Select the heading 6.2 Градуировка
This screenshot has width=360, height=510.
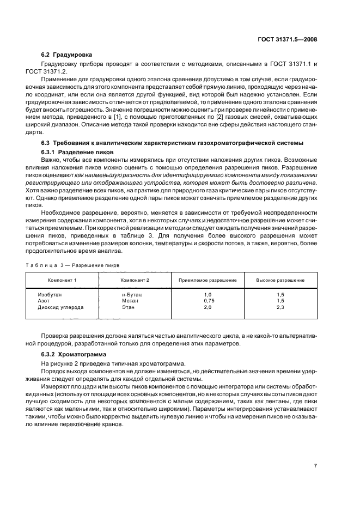coord(67,54)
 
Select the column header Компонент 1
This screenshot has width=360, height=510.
coord(62,280)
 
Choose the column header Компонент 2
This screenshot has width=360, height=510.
coord(136,280)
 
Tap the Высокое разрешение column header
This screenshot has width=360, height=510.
coord(280,280)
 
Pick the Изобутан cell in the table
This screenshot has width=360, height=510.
coord(50,294)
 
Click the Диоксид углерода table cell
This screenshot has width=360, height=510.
coord(60,307)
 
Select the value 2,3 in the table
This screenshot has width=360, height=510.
coord(280,307)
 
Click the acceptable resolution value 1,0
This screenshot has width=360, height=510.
coord(208,294)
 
